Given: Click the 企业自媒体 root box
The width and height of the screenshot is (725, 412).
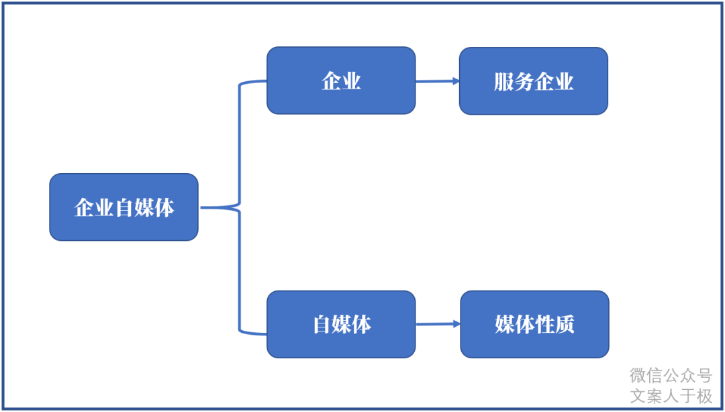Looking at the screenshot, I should point(124,207).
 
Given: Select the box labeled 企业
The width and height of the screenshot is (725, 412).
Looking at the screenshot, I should point(341,81).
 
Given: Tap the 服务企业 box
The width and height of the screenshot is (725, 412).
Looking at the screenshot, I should point(533,81).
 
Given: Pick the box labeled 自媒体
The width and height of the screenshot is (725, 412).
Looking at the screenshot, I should point(341,324).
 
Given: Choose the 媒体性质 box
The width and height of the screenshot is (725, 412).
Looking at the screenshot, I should point(534,324).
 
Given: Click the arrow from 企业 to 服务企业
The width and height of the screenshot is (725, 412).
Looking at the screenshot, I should point(438,81).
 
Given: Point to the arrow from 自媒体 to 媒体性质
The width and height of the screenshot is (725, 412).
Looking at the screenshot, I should point(438,324).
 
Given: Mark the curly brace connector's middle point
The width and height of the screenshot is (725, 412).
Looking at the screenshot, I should point(238,207).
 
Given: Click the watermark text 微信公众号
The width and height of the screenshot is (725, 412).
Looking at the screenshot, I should point(670,375).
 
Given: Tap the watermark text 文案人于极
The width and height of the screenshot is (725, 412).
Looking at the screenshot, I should point(670,396).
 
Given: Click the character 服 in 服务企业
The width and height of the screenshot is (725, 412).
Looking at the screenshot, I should point(503,82).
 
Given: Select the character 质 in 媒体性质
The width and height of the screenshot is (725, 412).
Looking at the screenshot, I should point(565,325).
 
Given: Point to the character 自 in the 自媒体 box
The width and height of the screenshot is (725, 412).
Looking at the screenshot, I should point(322,325).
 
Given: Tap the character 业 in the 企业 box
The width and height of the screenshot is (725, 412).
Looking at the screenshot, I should point(352,81).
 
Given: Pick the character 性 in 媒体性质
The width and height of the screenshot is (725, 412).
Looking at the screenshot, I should point(544,325).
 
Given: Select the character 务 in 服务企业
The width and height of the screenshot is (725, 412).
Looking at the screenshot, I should point(524,82).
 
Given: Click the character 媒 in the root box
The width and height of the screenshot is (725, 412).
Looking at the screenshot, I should point(144,208).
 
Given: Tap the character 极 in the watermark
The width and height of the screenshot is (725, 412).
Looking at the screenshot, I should point(704,396).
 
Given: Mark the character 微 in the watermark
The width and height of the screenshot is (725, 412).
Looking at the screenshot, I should point(637,375).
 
